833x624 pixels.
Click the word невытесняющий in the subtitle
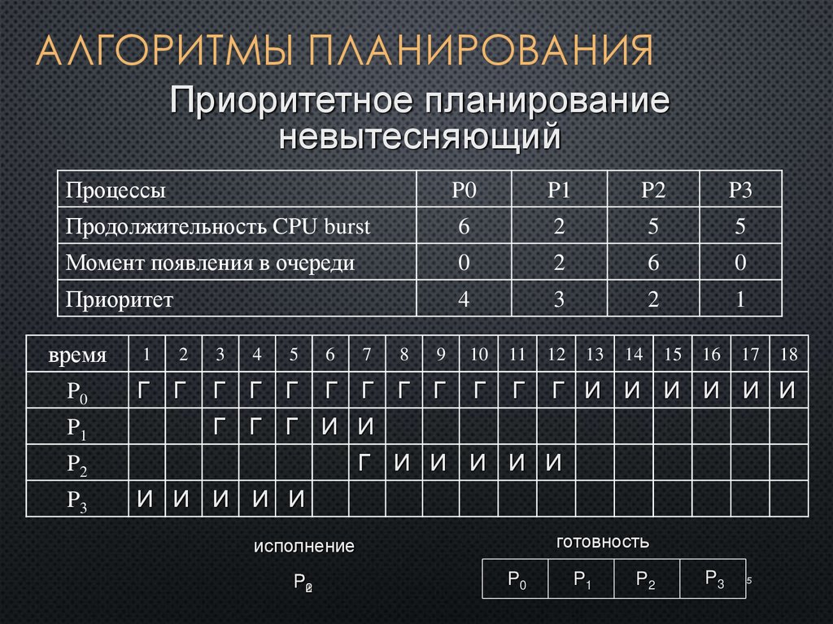pos(421,135)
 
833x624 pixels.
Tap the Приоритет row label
pos(120,300)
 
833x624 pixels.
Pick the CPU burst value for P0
pos(464,227)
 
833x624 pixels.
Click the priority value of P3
pos(740,300)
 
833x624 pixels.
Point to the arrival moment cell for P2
pos(652,264)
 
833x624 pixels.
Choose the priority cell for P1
pos(558,300)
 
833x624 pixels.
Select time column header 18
pos(787,355)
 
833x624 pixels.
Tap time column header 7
pos(367,355)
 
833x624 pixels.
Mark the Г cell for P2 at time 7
pos(367,464)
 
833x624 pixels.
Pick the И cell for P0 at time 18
pos(787,391)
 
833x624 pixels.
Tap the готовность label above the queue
pos(603,542)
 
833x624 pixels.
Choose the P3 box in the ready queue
pos(713,579)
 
